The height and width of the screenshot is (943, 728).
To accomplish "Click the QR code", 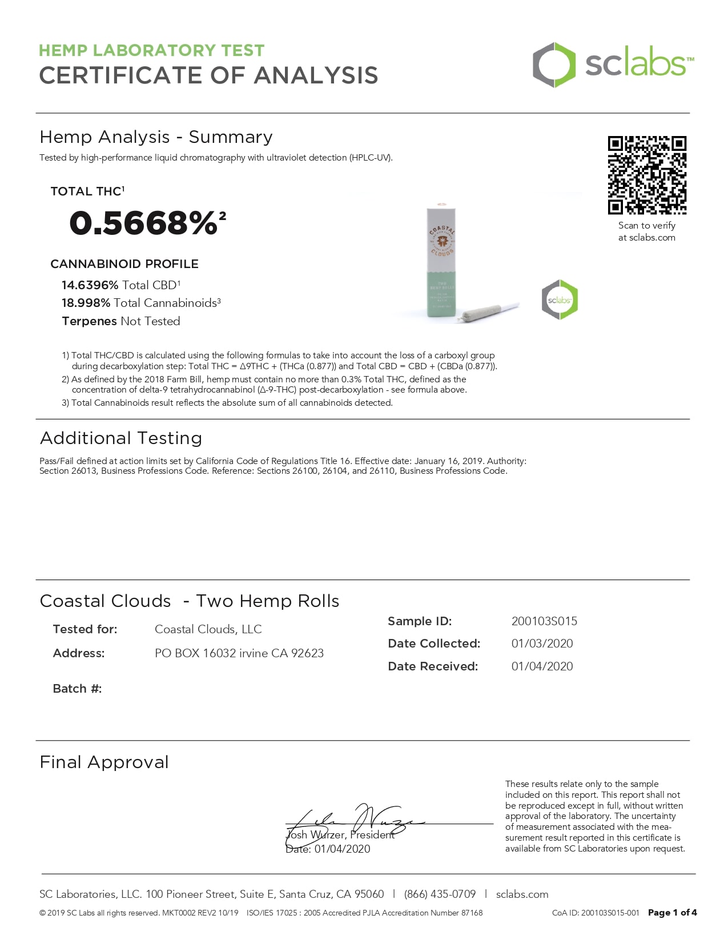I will point(646,175).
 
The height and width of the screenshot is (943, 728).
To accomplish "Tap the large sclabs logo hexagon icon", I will point(553,65).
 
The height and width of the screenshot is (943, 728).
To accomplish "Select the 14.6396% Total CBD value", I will point(90,285).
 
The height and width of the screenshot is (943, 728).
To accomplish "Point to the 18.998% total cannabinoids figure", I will point(86,303).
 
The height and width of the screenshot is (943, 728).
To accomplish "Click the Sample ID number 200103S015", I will point(544,621).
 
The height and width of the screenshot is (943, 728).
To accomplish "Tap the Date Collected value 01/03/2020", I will point(542,644).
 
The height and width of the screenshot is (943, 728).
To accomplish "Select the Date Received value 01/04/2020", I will point(542,666).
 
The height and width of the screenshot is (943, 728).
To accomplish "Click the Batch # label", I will point(77,689).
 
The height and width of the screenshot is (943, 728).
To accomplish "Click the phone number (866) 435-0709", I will point(440,894).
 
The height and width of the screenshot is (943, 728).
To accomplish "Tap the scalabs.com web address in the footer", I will point(522,894).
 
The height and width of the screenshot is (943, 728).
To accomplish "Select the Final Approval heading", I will point(104,762).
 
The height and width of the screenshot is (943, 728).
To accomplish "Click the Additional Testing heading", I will point(121,438).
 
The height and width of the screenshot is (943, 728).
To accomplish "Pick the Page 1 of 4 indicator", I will point(672,913).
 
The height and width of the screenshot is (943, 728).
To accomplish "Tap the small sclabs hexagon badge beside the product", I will point(560,299).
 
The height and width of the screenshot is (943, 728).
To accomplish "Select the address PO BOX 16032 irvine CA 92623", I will point(239,653).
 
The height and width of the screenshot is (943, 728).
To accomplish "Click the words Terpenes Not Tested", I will point(121,321).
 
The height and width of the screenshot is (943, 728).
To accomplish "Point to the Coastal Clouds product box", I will point(441,263).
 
